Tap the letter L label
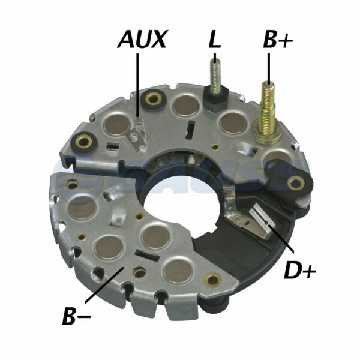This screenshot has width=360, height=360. pyautogui.click(x=214, y=41)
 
